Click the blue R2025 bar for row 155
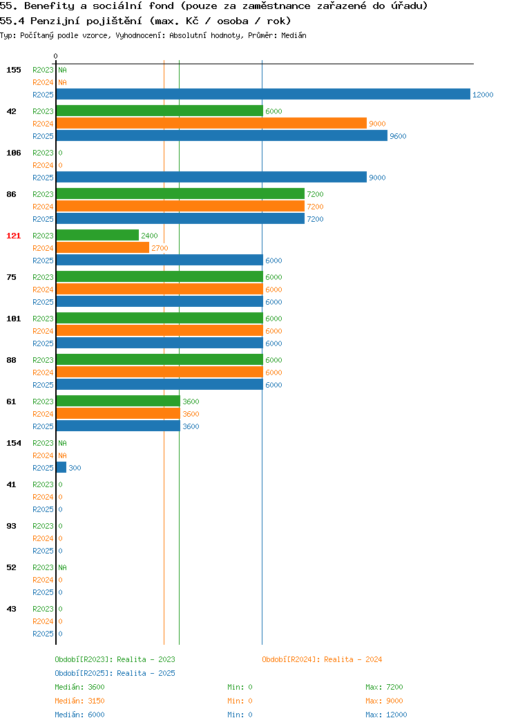263,94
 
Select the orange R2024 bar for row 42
212,123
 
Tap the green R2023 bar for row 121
98,235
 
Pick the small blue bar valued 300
61,467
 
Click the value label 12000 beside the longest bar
483,95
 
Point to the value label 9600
398,136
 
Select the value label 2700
160,248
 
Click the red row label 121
13,236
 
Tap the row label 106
13,153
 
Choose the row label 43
11,609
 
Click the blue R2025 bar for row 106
212,177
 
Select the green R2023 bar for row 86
181,193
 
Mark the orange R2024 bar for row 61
118,413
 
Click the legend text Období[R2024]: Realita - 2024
322,659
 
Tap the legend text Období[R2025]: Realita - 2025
115,673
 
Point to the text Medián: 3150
79,701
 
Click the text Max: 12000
386,715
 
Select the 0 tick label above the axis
56,56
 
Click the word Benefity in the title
49,6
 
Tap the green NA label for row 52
63,567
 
